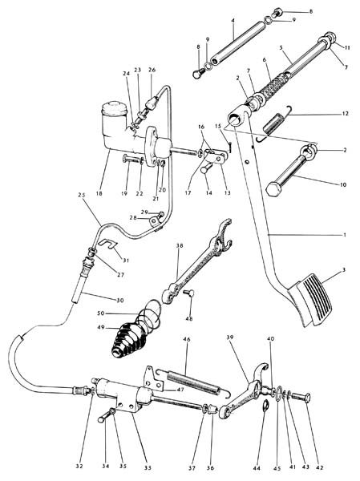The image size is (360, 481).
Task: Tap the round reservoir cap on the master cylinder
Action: click(114, 108)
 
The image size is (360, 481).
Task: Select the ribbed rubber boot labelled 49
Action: click(128, 340)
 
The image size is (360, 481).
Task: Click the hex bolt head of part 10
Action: click(273, 188)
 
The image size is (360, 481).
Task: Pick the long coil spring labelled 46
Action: click(192, 382)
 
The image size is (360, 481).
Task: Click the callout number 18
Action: click(99, 193)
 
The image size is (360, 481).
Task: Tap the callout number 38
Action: click(180, 245)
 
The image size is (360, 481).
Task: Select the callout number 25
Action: click(81, 195)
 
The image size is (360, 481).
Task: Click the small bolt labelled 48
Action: click(188, 293)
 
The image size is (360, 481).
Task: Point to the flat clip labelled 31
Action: click(109, 244)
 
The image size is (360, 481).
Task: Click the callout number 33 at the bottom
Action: click(148, 468)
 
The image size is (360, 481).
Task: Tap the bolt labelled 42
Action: click(300, 397)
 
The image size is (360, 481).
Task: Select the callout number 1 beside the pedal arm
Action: click(344, 235)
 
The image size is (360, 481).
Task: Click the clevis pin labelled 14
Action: click(207, 168)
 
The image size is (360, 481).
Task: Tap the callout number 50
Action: click(101, 313)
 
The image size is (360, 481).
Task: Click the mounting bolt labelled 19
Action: click(132, 160)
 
